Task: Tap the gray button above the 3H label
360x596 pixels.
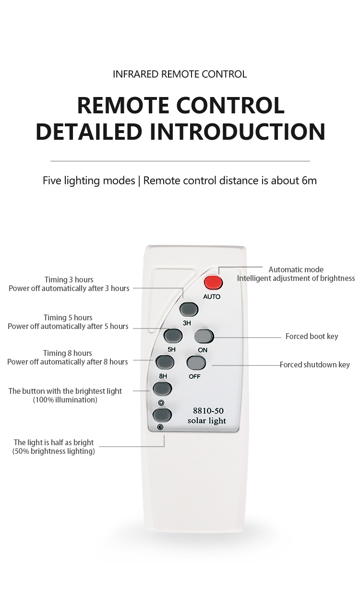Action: coord(189,308)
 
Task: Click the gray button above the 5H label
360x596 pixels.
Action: coord(173,335)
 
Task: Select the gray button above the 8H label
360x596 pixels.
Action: coord(164,361)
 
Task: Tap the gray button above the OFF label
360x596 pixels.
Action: coord(196,362)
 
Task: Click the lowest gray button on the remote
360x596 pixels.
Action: coord(162,414)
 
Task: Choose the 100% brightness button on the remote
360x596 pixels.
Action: coord(162,388)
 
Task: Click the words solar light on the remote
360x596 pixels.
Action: coord(206,421)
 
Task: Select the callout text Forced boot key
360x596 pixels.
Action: coord(312,336)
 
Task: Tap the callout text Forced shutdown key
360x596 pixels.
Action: coord(315,365)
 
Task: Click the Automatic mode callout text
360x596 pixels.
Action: coord(296,269)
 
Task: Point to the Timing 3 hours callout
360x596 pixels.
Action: coord(69,280)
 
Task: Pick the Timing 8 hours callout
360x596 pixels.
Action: coord(67,353)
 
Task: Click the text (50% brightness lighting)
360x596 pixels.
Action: coord(53,451)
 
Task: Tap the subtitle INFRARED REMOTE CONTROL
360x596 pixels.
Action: coord(180,74)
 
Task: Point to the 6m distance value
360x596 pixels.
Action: coord(309,181)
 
